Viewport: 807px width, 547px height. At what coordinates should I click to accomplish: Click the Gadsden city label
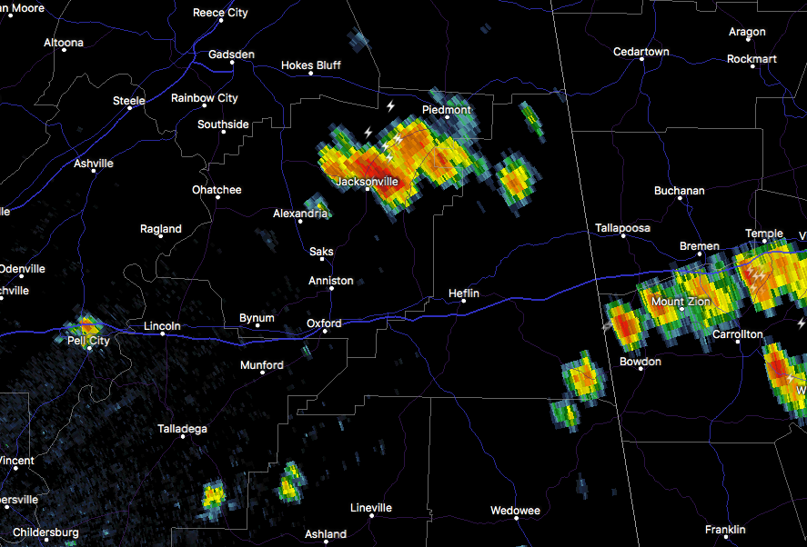click(230, 55)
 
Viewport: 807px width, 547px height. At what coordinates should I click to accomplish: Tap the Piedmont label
click(446, 110)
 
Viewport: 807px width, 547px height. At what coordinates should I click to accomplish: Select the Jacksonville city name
click(368, 182)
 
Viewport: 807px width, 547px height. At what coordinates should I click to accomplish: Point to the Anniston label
click(330, 281)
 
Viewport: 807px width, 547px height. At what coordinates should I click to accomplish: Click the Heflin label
click(463, 293)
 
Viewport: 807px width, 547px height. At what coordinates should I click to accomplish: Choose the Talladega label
click(182, 428)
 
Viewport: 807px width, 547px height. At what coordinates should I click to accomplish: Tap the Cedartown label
click(641, 52)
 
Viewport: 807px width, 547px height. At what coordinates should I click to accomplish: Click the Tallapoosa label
click(622, 228)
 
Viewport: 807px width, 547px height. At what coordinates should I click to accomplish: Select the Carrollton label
click(737, 334)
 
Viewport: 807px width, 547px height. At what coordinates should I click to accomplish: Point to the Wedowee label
click(515, 511)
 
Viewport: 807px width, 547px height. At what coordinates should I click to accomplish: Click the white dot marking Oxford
click(324, 333)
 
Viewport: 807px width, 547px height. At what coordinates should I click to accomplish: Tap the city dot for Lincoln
click(163, 334)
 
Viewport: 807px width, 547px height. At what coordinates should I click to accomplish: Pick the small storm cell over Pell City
click(87, 325)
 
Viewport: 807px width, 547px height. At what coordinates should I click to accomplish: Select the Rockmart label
click(752, 59)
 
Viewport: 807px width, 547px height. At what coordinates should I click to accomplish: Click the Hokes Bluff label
click(310, 65)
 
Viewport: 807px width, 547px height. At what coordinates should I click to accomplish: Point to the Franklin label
click(725, 530)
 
